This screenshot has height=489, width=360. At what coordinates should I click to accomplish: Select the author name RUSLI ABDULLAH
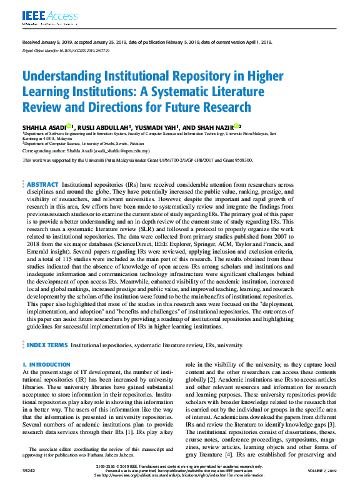pos(101,127)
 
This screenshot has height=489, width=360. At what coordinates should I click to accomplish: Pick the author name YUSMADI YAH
pos(156,127)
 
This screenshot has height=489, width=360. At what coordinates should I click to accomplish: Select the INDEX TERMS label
pos(47,345)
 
